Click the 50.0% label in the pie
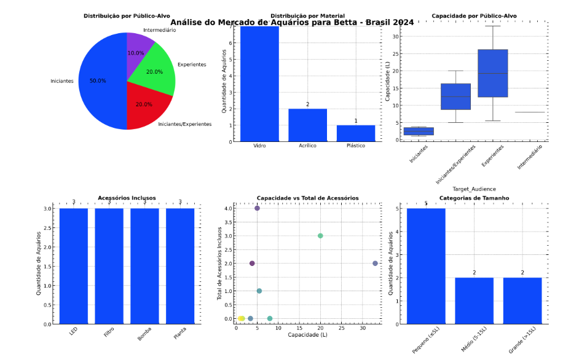[x=98, y=80]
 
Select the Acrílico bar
[x=307, y=125]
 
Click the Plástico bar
[x=356, y=133]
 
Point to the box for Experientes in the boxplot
[x=492, y=73]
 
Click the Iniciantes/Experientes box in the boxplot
[x=455, y=96]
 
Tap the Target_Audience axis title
[x=474, y=189]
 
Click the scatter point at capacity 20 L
[x=320, y=236]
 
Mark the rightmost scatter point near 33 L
[x=375, y=264]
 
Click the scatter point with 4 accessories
[x=257, y=208]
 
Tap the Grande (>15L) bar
[x=522, y=300]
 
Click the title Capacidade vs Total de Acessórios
[x=307, y=198]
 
